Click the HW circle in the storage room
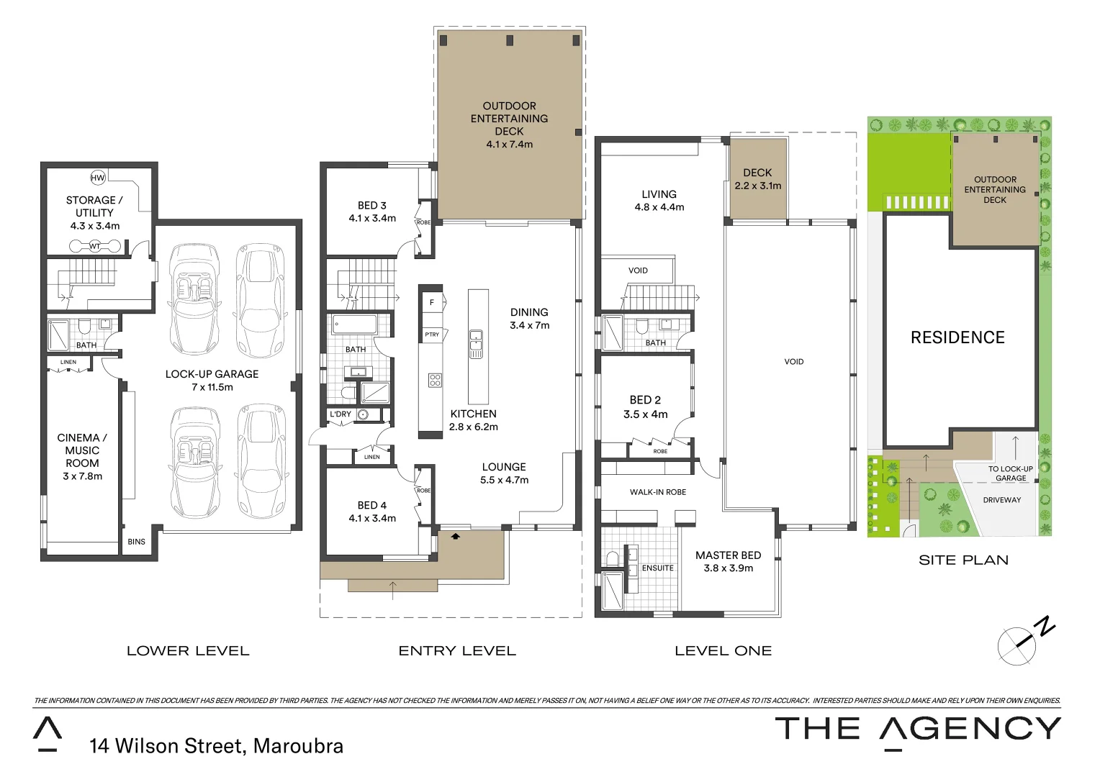pos(98,178)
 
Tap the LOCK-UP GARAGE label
pos(212,374)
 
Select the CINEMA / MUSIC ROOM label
pos(82,450)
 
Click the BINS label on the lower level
pos(136,542)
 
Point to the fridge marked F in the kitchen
pos(432,302)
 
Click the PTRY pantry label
pos(432,335)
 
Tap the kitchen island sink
pos(476,344)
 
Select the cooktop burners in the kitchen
pos(435,379)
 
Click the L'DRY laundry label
pos(341,414)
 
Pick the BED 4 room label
pos(372,505)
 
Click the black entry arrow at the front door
pos(455,535)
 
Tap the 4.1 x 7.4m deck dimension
pos(509,144)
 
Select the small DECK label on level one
pos(757,173)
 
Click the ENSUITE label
pos(658,568)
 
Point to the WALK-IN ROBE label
pos(658,492)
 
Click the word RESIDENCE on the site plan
pos(957,337)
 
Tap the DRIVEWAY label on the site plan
pos(1002,499)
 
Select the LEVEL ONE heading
pos(723,651)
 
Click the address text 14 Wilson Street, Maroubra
pos(216,746)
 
